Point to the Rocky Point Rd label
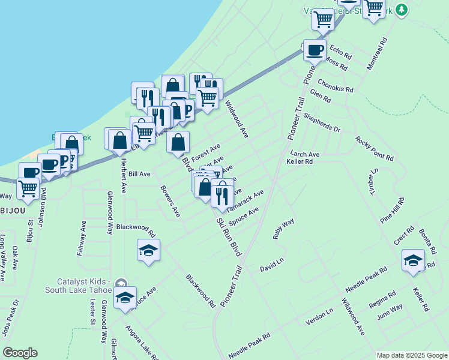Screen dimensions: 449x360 [x=375, y=149]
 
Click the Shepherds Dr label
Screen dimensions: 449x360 [x=322, y=122]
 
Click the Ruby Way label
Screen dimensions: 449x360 [x=283, y=229]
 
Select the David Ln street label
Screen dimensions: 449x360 [x=271, y=265]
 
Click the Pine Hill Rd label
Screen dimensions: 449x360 [x=391, y=210]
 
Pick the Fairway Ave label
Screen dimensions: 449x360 [x=81, y=238]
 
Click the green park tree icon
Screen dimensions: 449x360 [x=402, y=10]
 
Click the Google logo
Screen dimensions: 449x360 [x=20, y=353]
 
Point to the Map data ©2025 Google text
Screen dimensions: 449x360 [x=412, y=355]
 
